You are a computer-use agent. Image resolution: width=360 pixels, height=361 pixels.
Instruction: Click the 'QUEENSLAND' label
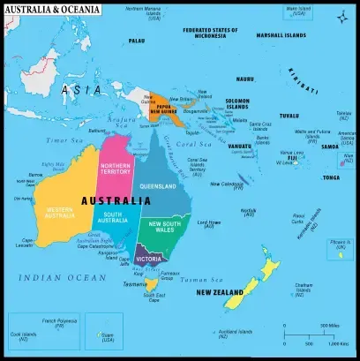click(x=159, y=186)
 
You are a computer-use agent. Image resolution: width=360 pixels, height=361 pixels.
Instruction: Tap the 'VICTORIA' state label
click(x=149, y=259)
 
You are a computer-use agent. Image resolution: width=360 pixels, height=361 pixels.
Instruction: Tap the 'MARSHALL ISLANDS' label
click(x=281, y=34)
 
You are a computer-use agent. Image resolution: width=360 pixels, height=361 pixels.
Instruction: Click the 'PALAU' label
click(x=137, y=41)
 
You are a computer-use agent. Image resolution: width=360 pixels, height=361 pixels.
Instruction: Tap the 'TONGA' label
click(x=331, y=177)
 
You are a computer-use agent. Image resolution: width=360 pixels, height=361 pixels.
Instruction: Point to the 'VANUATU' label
click(x=239, y=147)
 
